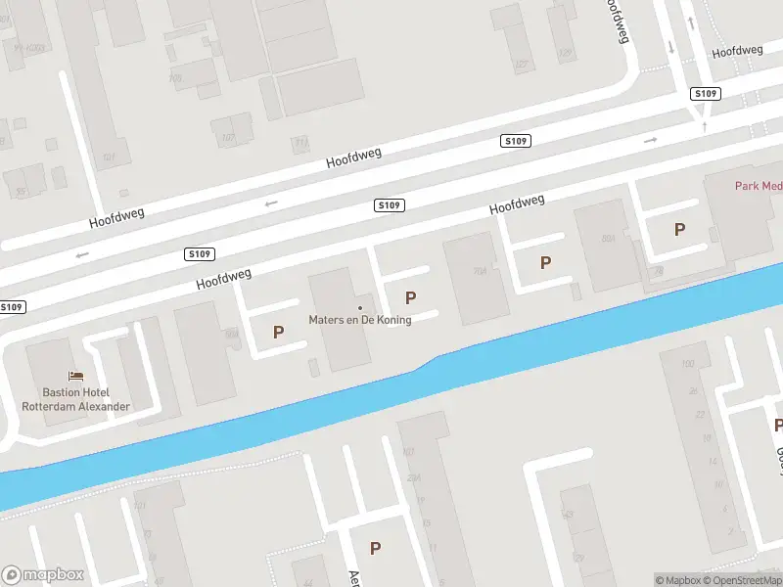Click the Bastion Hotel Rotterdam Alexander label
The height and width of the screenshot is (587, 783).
coord(75,399)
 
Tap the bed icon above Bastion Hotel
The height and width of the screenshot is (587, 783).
coord(75,376)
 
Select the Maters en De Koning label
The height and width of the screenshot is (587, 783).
coord(359,320)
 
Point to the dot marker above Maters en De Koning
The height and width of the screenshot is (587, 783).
coord(359,307)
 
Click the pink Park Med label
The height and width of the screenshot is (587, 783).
coord(758,186)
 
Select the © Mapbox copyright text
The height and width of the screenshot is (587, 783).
coord(677,580)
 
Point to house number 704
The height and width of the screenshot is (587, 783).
coord(480,271)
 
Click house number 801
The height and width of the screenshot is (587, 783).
coord(608,238)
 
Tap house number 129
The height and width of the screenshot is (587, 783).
coord(564,53)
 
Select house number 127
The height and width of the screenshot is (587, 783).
coord(521,65)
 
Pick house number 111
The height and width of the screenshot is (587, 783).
coord(301,143)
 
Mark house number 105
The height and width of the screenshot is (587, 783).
coord(175,77)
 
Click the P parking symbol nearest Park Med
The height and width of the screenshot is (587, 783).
coord(679,230)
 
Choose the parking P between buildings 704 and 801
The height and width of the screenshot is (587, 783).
coord(545,262)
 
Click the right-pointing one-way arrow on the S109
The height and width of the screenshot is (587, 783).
coord(650,141)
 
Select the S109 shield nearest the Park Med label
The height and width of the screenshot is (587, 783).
coord(705,94)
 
